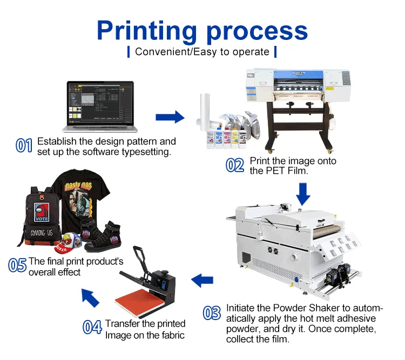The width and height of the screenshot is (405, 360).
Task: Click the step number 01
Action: pyautogui.click(x=24, y=146)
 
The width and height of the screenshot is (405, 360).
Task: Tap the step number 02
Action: pyautogui.click(x=235, y=165)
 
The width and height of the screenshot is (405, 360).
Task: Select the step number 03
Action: pyautogui.click(x=212, y=313)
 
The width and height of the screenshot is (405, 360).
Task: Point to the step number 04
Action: pyautogui.click(x=92, y=327)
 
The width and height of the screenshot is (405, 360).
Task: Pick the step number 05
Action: pyautogui.click(x=17, y=265)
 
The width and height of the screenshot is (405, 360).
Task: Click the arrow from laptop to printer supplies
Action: pyautogui.click(x=170, y=117)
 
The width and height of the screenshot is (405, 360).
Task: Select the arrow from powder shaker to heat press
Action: pyautogui.click(x=202, y=280)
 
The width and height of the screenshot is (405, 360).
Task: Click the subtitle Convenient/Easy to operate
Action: pyautogui.click(x=202, y=52)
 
